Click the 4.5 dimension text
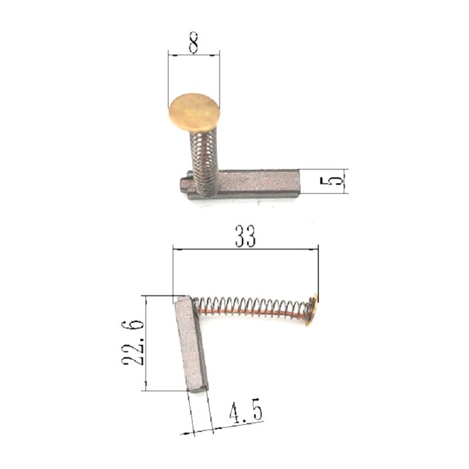point(246,413)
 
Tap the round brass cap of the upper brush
point(194,111)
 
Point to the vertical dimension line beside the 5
point(343,181)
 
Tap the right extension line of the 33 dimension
point(318,270)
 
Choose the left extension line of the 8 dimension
point(169,76)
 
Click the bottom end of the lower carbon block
point(198,387)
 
